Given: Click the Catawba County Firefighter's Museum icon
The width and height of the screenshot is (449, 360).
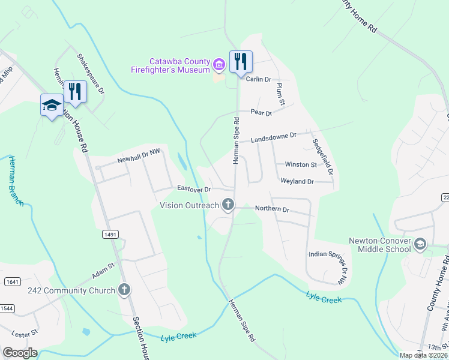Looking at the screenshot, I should (219, 64).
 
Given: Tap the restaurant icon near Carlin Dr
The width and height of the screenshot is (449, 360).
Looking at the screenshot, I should (241, 61).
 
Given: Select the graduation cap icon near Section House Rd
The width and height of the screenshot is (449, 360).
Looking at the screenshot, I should (52, 105).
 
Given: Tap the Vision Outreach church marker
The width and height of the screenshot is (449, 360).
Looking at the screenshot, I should (228, 205).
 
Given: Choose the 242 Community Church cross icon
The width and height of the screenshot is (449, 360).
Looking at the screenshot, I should (124, 290).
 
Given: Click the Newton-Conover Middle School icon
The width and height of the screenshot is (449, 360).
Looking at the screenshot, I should (420, 243).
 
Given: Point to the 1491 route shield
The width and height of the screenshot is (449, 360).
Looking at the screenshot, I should (109, 234).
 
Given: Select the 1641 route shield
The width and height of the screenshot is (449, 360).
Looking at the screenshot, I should (11, 281).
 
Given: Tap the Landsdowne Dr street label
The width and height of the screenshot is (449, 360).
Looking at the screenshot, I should (274, 137).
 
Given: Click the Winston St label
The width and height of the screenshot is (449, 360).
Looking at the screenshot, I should (301, 164).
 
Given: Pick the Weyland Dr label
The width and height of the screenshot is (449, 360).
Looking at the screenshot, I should (297, 181).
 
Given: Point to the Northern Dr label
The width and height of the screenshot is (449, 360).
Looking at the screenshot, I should (272, 209).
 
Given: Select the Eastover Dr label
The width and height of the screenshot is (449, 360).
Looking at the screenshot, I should (194, 188).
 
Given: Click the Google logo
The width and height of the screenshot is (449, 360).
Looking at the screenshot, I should (20, 353).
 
